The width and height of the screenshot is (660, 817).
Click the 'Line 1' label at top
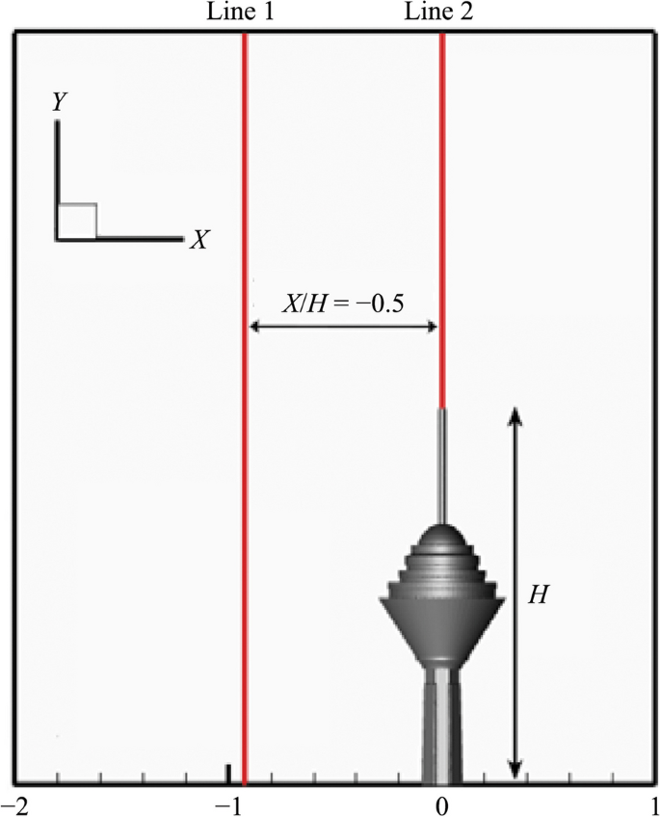click(x=240, y=12)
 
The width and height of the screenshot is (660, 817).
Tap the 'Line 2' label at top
click(x=439, y=12)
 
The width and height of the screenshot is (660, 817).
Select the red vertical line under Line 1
click(x=245, y=408)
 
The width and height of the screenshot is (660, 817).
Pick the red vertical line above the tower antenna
click(x=442, y=221)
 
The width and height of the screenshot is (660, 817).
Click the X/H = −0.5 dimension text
click(x=343, y=303)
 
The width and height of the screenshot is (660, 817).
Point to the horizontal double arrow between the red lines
click(x=343, y=327)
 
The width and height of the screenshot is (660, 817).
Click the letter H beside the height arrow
click(x=538, y=594)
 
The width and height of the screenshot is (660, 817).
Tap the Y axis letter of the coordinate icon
click(x=59, y=103)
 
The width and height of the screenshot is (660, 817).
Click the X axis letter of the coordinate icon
click(x=198, y=240)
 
